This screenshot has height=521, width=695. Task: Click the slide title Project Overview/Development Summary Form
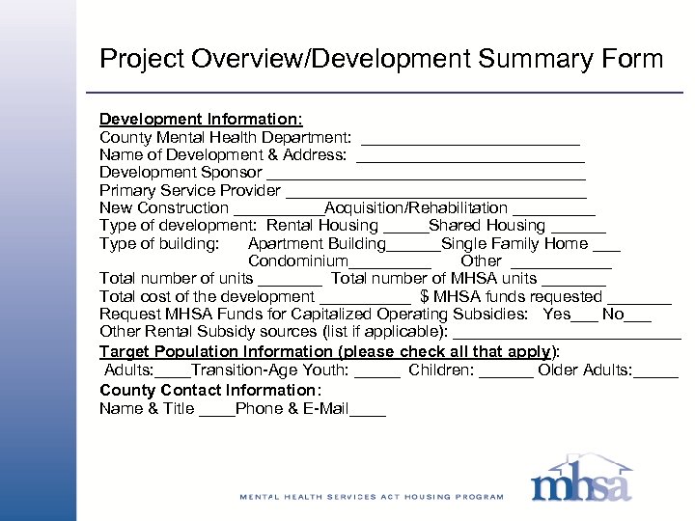click(381, 59)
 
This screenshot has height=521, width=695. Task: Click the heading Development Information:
click(201, 119)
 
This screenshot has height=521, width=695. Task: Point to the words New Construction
click(164, 208)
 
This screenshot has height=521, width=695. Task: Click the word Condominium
click(297, 261)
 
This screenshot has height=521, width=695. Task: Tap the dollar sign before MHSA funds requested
click(425, 297)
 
